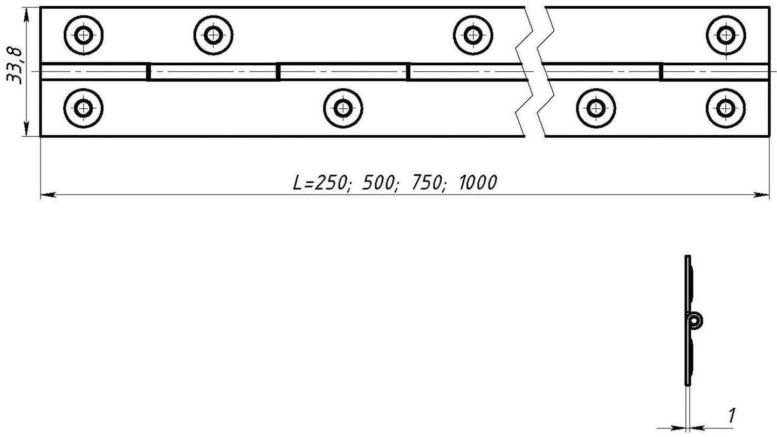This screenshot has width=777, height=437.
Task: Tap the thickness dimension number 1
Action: click(x=731, y=415)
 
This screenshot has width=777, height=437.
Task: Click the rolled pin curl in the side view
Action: click(x=696, y=321)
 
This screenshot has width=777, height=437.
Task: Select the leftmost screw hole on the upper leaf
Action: click(x=84, y=36)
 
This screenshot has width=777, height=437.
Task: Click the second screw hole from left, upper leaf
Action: click(x=214, y=36)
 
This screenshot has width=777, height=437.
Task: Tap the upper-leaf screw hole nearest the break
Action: click(x=473, y=36)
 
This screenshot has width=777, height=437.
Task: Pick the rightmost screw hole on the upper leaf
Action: click(x=725, y=36)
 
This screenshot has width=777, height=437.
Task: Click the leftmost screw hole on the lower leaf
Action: click(x=84, y=108)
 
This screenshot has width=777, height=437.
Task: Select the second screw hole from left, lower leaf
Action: click(x=343, y=108)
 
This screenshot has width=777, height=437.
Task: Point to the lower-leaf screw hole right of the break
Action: click(x=596, y=108)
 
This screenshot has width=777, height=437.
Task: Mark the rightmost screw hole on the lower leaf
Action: click(x=725, y=108)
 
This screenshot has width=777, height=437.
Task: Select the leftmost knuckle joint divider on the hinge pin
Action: click(x=148, y=72)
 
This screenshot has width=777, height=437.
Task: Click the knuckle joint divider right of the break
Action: click(x=661, y=72)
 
